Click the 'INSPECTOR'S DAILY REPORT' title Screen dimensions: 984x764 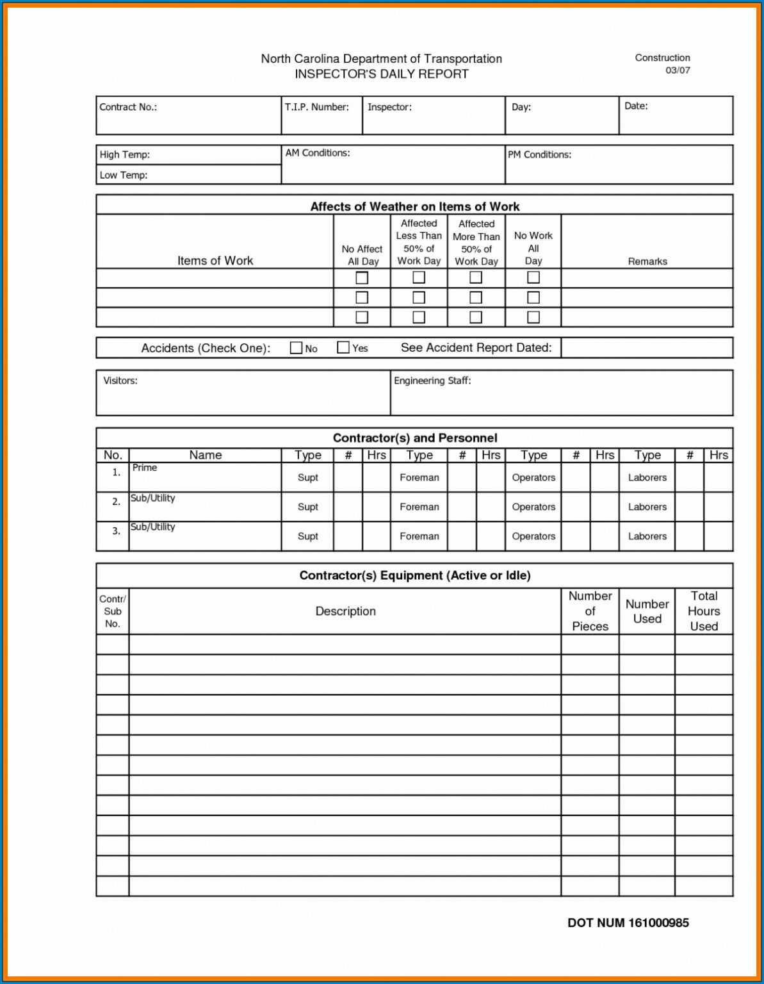coord(381,74)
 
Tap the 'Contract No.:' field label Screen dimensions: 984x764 coord(128,107)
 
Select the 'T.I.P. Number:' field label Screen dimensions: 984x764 coord(316,107)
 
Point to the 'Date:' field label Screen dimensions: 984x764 coord(636,106)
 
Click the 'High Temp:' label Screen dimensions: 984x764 coord(124,154)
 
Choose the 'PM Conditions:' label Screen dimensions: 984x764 coord(539,154)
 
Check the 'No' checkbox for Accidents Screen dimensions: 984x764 coord(296,348)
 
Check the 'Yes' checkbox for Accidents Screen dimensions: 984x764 coord(343,347)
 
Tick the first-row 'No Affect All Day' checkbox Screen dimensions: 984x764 coord(362,277)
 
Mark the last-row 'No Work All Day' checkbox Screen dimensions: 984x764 coord(533,317)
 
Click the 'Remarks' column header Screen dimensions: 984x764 coord(647,261)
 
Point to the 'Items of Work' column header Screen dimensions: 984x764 coord(215,261)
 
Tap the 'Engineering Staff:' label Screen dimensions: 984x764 coord(432,381)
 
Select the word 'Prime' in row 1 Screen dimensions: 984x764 coord(145,468)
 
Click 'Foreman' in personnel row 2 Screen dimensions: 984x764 coord(419,507)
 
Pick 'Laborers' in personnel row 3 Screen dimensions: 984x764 coord(647,536)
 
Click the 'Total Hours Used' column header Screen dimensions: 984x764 coord(703,611)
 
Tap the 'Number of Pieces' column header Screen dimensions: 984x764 coord(590,611)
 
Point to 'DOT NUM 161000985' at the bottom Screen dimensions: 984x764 coord(628,922)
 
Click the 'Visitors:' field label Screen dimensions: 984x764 coord(120,381)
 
